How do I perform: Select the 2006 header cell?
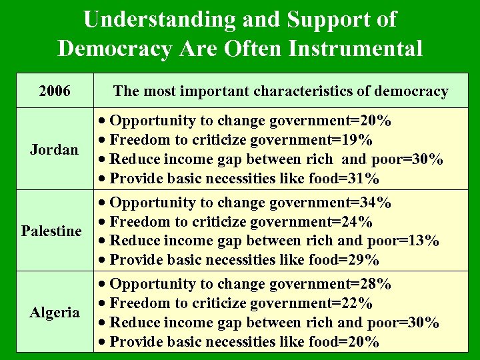pos(55,91)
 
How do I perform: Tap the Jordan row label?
pos(54,149)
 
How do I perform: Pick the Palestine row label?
pos(51,231)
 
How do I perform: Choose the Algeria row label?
pos(54,313)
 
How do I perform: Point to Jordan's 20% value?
pos(375,121)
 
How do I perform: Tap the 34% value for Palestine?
pos(375,202)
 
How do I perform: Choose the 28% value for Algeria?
pos(375,284)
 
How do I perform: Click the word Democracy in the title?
pos(119,48)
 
